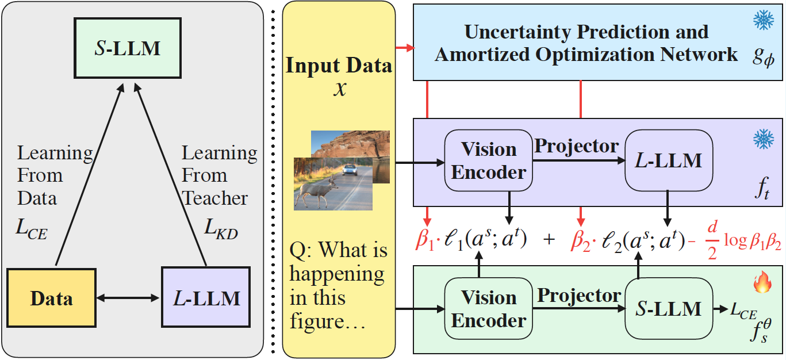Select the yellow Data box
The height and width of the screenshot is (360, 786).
click(x=51, y=298)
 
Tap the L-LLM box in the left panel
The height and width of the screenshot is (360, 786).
click(x=206, y=298)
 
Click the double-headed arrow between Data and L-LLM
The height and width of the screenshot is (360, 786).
click(x=128, y=298)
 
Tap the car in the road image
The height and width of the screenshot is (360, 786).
click(x=349, y=170)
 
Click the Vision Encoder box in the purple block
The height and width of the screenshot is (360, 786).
click(x=489, y=160)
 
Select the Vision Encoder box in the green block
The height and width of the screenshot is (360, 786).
click(x=489, y=309)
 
